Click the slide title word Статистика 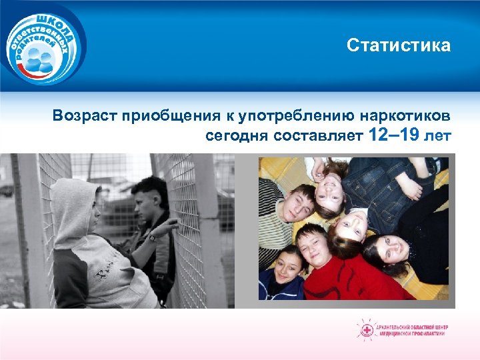click(398, 45)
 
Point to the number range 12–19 click(393, 135)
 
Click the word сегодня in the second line click(236, 136)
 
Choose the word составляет click(317, 136)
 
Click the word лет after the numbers click(438, 136)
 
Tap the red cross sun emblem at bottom click(366, 329)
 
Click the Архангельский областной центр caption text click(413, 329)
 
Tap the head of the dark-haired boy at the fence click(149, 193)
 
